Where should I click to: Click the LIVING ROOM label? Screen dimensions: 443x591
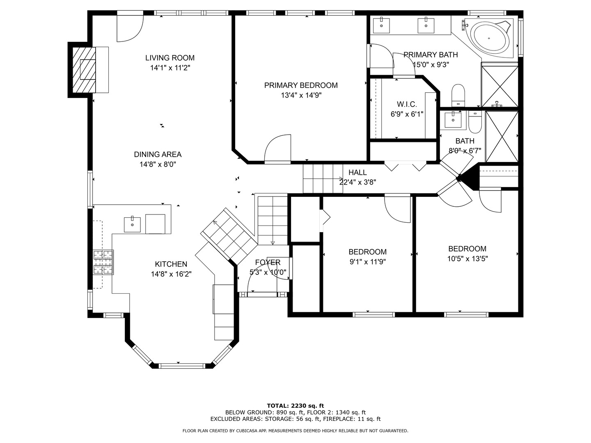click(170, 58)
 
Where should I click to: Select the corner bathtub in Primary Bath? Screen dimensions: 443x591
click(489, 38)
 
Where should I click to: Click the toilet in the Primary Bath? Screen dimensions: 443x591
click(458, 95)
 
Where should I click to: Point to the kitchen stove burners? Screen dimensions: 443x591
click(103, 262)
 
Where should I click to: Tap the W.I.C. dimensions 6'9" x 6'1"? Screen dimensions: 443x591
click(406, 114)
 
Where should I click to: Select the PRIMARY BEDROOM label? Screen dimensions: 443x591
click(300, 85)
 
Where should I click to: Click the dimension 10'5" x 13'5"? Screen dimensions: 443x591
click(467, 259)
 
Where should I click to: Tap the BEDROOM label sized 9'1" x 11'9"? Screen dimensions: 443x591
click(367, 252)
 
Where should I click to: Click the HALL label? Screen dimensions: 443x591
click(357, 172)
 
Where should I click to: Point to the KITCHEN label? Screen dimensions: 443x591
click(171, 264)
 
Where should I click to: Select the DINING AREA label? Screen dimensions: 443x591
click(158, 155)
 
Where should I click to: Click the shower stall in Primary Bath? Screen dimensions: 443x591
click(499, 85)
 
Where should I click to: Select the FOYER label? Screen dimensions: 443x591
click(268, 263)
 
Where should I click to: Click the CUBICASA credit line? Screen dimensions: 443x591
click(295, 431)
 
